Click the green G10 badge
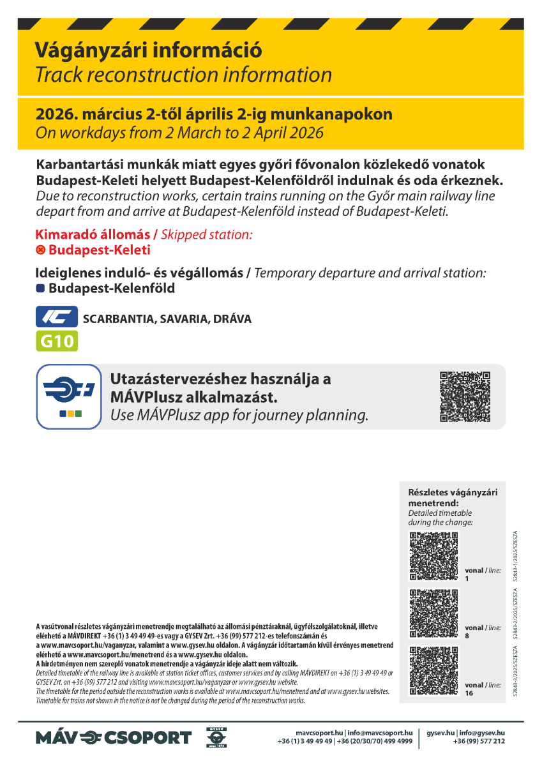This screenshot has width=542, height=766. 56,341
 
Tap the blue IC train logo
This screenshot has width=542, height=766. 56,317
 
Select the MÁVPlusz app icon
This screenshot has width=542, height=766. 68,396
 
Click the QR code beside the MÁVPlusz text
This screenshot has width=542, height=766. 465,396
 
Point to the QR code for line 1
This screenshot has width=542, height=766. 433,556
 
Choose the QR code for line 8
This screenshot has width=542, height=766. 433,613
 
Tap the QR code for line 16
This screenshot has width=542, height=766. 433,670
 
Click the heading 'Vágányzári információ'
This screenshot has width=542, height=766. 148,50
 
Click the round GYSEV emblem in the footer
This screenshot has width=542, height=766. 216,737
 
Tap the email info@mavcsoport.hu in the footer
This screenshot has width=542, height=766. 380,733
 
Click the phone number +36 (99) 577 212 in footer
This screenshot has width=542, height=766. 479,741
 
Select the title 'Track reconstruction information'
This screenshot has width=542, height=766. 183,75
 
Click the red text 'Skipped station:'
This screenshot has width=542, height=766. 207,235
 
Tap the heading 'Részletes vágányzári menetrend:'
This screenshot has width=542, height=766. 452,497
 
